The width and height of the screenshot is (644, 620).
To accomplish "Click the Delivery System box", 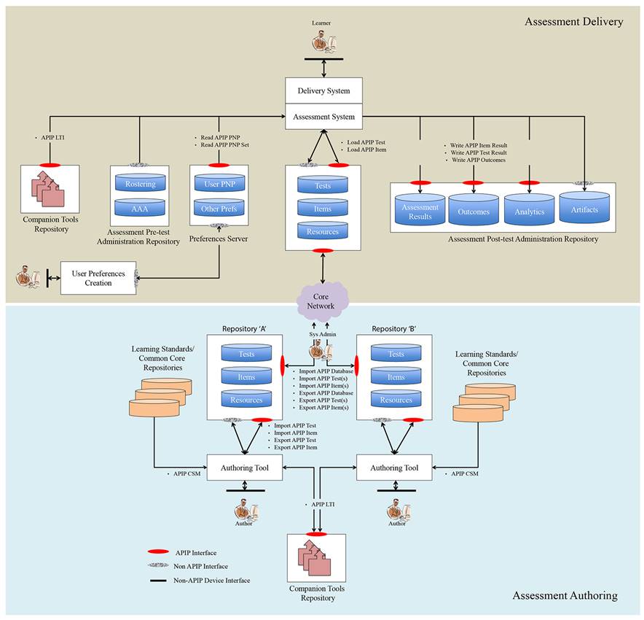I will [323, 91].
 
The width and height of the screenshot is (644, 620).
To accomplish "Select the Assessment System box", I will [323, 116].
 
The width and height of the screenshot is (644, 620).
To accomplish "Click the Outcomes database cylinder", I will [474, 211].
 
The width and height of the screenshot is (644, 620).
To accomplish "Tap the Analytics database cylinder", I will [530, 210].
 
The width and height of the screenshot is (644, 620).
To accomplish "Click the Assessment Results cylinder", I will [420, 211].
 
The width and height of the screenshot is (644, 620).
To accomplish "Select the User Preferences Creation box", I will [98, 278].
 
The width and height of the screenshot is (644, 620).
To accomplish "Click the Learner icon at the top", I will [321, 43].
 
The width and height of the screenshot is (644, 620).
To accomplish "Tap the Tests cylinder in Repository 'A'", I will [247, 353].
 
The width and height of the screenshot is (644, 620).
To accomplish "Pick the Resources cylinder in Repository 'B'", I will [396, 399].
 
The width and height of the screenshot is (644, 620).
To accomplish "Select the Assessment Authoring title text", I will [565, 595].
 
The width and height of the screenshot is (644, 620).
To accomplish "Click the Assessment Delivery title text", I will [573, 22].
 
